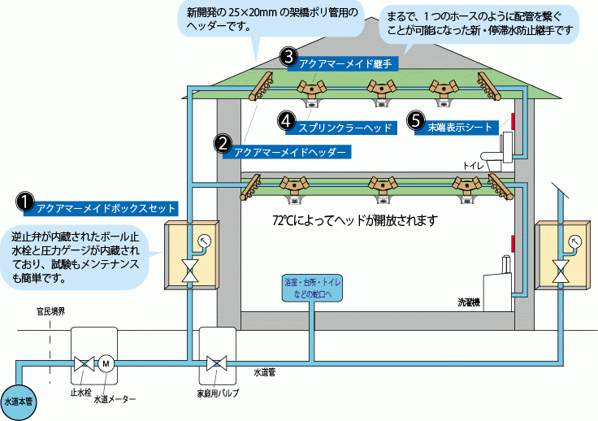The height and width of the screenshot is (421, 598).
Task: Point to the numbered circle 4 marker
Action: coord(286,120)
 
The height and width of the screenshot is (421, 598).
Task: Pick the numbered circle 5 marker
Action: coord(415,120)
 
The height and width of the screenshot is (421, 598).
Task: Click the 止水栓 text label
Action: coord(78,392)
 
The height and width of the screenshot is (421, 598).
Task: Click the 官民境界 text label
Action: coord(50,311)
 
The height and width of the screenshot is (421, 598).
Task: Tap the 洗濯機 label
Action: coord(470,302)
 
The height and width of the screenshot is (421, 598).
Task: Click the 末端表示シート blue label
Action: coord(459,127)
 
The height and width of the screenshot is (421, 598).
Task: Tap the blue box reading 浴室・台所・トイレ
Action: coord(308,288)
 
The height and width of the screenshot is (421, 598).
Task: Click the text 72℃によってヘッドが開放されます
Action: coord(355,220)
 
